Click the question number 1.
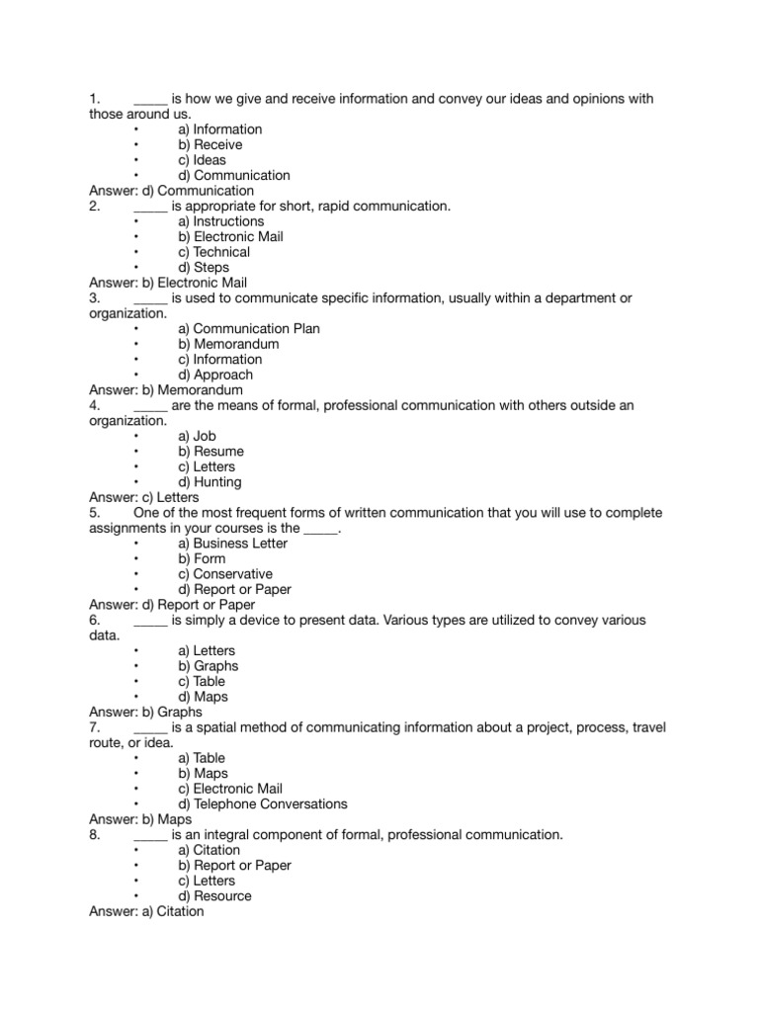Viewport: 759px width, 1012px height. pyautogui.click(x=95, y=99)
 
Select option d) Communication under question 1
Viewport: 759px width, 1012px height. pyautogui.click(x=234, y=176)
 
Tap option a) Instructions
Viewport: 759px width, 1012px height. pyautogui.click(x=220, y=221)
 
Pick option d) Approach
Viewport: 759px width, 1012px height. pyautogui.click(x=215, y=375)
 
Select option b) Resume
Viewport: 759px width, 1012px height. pyautogui.click(x=211, y=452)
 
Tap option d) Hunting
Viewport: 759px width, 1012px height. pyautogui.click(x=210, y=482)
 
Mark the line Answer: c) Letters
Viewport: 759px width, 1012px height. pyautogui.click(x=144, y=497)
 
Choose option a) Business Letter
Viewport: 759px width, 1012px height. pyautogui.click(x=233, y=544)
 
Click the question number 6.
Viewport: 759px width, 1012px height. pyautogui.click(x=95, y=620)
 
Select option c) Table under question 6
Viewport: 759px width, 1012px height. pyautogui.click(x=202, y=681)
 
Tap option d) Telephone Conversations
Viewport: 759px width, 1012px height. pyautogui.click(x=263, y=804)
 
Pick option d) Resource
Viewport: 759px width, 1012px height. pyautogui.click(x=215, y=896)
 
